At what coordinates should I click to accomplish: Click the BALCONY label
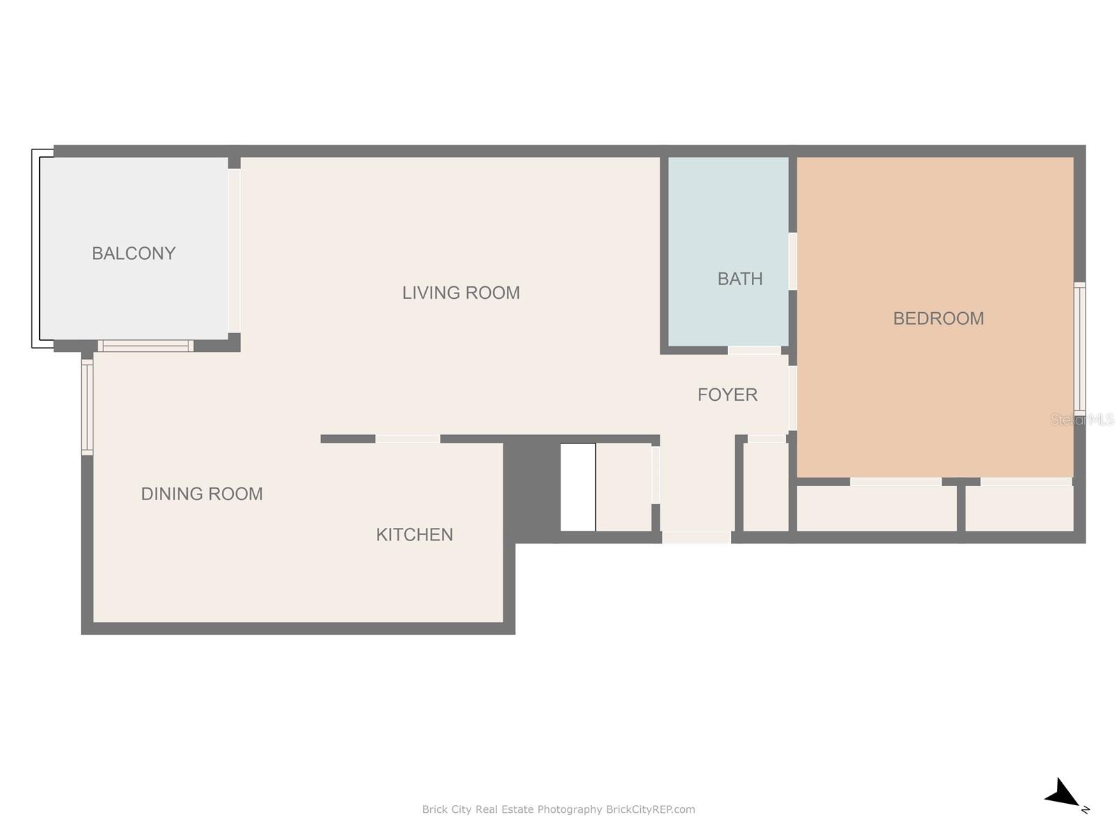[x=133, y=253]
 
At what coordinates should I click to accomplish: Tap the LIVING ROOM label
[x=461, y=293]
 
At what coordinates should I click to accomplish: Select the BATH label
[x=739, y=279]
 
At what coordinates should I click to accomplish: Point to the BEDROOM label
[x=938, y=318]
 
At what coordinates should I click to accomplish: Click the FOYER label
[x=727, y=395]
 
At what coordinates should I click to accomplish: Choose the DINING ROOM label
[x=202, y=494]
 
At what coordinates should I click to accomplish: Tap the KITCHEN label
[x=414, y=534]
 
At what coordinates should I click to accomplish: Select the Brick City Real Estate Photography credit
[x=558, y=809]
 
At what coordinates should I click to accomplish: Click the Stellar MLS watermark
[x=1082, y=419]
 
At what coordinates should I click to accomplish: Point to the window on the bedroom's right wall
[x=1079, y=347]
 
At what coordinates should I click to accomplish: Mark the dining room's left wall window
[x=87, y=407]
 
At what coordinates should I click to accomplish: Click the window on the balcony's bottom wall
[x=145, y=346]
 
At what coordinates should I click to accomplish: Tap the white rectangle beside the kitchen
[x=578, y=487]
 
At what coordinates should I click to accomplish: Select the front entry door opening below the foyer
[x=696, y=537]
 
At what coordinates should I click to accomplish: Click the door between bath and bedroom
[x=792, y=261]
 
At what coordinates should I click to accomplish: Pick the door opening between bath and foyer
[x=754, y=350]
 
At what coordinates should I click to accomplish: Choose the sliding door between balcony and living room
[x=234, y=250]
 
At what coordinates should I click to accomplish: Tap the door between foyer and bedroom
[x=792, y=398]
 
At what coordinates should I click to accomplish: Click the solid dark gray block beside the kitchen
[x=532, y=488]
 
